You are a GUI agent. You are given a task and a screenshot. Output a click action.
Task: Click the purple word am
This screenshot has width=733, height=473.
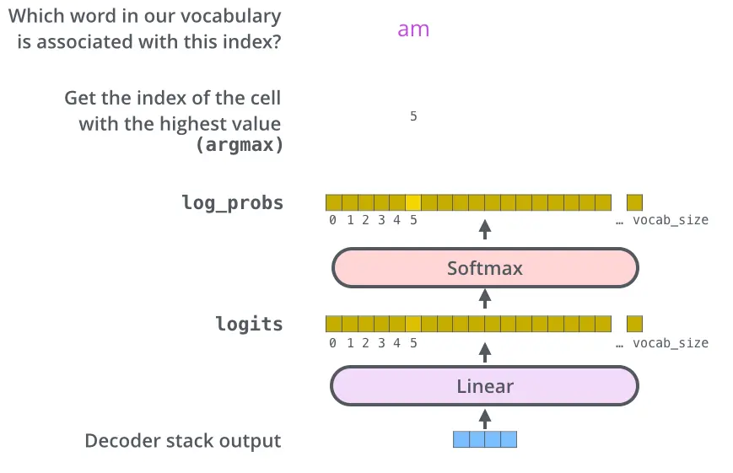[x=413, y=30]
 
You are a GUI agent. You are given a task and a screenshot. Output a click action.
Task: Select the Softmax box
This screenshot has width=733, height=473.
[x=485, y=269]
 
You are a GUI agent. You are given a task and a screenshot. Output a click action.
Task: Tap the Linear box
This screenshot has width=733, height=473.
[x=485, y=387]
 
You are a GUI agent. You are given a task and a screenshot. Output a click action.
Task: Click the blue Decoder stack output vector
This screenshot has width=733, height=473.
[x=485, y=439]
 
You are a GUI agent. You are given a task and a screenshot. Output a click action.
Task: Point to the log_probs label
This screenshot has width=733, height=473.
[x=232, y=202]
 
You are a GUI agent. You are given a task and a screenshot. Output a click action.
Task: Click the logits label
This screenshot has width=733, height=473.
[x=249, y=324]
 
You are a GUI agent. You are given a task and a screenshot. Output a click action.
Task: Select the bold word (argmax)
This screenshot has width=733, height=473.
[x=240, y=144]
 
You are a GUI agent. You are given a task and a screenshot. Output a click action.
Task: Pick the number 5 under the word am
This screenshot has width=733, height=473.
[x=413, y=116]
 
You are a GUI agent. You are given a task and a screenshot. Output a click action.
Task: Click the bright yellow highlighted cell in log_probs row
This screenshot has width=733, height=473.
[x=413, y=202]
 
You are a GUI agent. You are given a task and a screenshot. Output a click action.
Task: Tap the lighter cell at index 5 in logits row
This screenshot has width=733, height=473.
[x=413, y=324]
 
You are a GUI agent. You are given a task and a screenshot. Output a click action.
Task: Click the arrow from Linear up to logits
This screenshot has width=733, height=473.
[x=485, y=351]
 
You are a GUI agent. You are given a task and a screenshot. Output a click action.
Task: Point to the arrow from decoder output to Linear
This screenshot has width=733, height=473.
[x=485, y=417]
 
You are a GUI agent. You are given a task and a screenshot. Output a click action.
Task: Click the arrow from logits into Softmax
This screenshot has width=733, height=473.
[x=485, y=298]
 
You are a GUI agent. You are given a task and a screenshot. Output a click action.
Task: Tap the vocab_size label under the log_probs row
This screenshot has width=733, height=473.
[x=671, y=220]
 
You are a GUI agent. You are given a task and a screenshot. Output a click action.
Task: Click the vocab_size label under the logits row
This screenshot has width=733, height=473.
[x=671, y=343]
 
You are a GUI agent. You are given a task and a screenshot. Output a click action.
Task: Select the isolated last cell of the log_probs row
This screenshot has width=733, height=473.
[x=634, y=202]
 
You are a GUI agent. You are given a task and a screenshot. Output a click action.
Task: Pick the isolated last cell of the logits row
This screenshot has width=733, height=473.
[x=634, y=324]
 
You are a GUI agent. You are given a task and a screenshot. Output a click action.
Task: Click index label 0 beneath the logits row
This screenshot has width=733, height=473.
[x=333, y=343]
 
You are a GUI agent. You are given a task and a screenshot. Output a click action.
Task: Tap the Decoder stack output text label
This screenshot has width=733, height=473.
[x=183, y=440]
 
